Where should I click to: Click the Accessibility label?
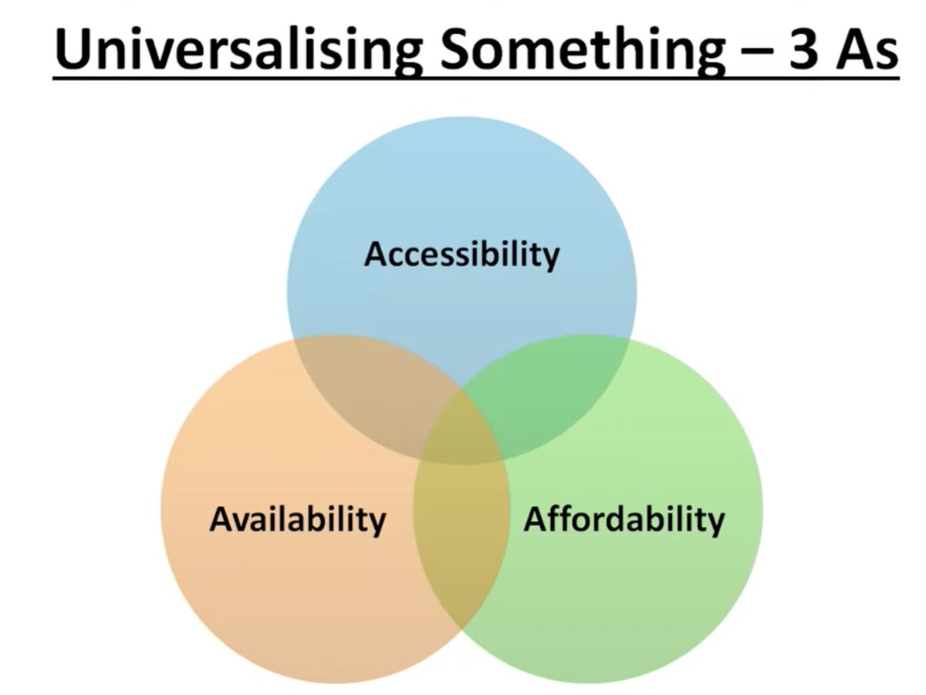(461, 255)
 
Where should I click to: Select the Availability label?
(297, 520)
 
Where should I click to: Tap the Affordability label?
(624, 520)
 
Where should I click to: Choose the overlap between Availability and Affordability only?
(461, 540)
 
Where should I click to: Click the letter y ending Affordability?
(716, 525)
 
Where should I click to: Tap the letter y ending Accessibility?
(551, 259)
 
